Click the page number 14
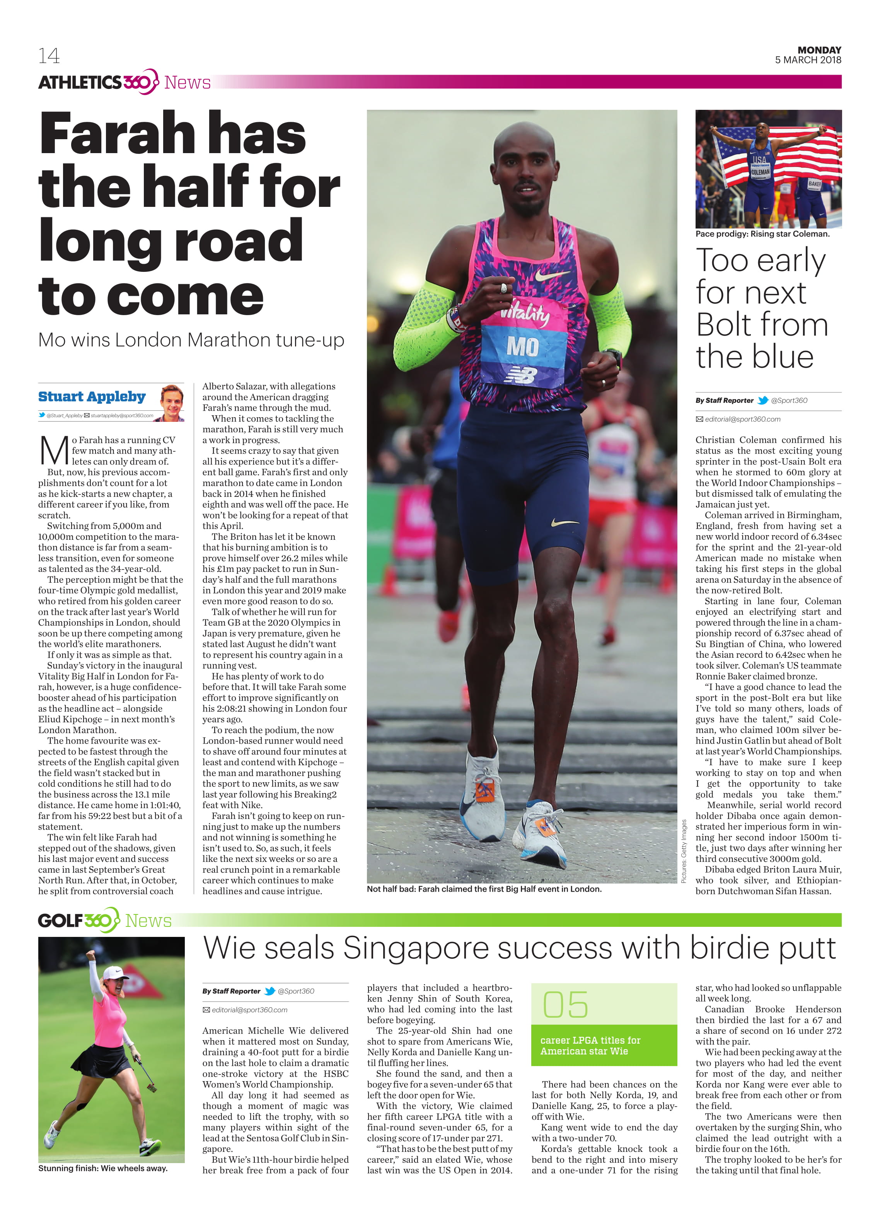coord(49,56)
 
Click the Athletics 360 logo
coord(98,82)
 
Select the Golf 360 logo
coord(78,921)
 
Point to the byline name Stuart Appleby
coord(92,396)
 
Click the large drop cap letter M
coord(54,450)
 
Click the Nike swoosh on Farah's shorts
coord(564,522)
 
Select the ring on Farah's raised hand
coord(504,288)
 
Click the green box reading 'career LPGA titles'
coord(604,1046)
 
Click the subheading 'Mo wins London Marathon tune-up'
coord(191,340)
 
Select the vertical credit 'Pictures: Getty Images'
coord(684,851)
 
